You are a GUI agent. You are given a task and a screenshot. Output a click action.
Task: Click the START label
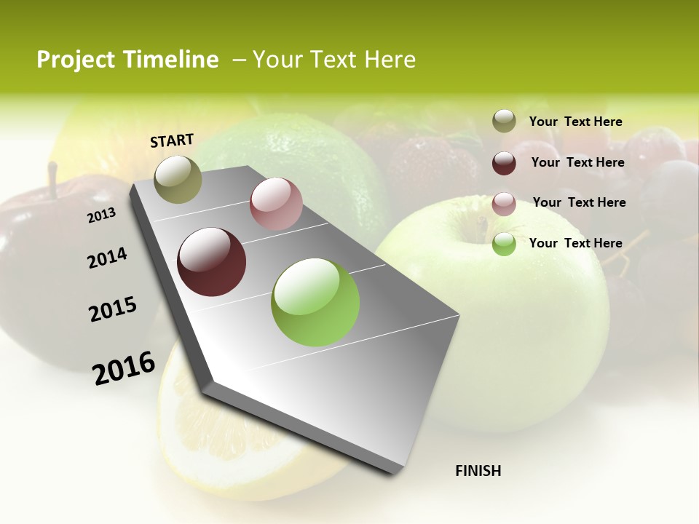pos(172,140)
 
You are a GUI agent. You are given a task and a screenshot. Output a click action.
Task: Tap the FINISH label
pos(478,471)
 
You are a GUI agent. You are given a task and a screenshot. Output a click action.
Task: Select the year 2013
pos(102,215)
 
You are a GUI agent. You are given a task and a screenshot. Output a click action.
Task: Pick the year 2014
pos(107,258)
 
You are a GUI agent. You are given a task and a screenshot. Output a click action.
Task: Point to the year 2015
pos(113,309)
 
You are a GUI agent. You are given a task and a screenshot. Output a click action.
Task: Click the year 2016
pos(124,368)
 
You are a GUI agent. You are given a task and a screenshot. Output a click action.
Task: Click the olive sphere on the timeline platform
pos(178,179)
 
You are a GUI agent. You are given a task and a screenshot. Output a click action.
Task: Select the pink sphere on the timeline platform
pos(276,204)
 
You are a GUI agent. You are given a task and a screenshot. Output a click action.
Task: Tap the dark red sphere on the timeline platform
pos(212,262)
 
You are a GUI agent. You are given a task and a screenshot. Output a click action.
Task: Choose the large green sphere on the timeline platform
pos(315,302)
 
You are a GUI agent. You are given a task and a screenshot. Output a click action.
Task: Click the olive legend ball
pos(504,122)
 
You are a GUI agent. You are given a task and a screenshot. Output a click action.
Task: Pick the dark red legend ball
pos(504,163)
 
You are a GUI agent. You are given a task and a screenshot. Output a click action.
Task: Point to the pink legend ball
pos(504,204)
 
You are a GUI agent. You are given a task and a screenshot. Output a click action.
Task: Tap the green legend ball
pos(504,244)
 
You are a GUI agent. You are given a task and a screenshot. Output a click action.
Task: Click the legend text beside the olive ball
pos(575,122)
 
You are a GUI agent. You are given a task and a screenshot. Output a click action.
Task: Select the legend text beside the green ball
pos(575,243)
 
